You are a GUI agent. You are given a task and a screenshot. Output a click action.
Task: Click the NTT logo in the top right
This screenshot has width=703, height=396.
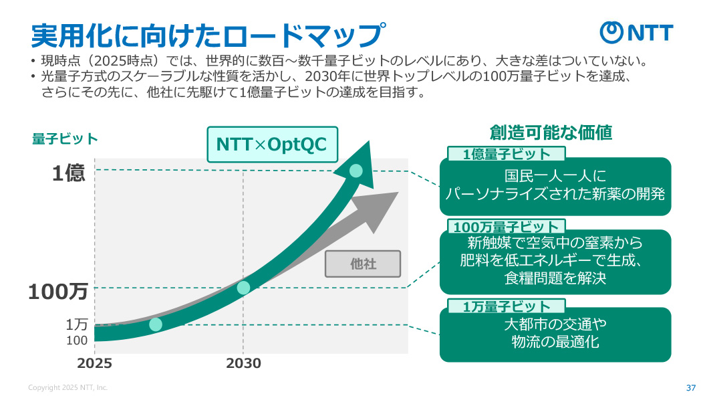coord(636,32)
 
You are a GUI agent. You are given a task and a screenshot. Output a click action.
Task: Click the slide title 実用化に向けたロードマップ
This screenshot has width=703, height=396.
coord(209,33)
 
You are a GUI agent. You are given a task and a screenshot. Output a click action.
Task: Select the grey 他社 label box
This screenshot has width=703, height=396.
coord(363,264)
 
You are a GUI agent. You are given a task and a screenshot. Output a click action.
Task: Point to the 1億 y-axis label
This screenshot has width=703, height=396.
coord(69,173)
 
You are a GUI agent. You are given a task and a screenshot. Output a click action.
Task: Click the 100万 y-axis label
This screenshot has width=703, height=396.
coord(58,292)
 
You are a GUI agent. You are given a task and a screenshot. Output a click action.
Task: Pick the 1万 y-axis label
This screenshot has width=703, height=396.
coord(77,324)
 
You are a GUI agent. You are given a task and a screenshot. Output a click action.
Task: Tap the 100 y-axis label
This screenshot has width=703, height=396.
coord(77,340)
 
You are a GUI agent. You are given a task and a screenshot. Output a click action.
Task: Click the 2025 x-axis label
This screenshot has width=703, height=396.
coord(94,364)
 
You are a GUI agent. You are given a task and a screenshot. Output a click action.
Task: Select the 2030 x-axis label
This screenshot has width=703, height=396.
coord(243,364)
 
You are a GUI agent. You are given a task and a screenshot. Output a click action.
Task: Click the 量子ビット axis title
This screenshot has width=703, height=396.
coord(65,139)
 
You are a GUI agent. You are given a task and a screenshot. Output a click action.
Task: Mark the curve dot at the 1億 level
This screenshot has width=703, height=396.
coord(356,171)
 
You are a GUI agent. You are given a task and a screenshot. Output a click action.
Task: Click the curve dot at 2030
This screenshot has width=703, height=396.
coord(243,288)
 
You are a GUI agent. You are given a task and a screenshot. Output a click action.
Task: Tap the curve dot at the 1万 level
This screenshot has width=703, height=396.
coord(156,324)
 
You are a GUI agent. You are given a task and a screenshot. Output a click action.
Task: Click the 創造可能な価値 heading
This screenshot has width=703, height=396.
coord(551,132)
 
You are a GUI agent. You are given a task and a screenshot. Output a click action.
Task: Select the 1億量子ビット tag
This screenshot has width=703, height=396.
coord(507,155)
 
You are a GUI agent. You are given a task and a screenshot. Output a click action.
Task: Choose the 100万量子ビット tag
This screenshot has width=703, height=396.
coord(506,227)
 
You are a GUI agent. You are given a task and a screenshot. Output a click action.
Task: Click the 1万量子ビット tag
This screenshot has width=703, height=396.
coord(507,306)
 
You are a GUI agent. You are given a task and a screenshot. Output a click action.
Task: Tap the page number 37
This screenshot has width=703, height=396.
coord(691,387)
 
